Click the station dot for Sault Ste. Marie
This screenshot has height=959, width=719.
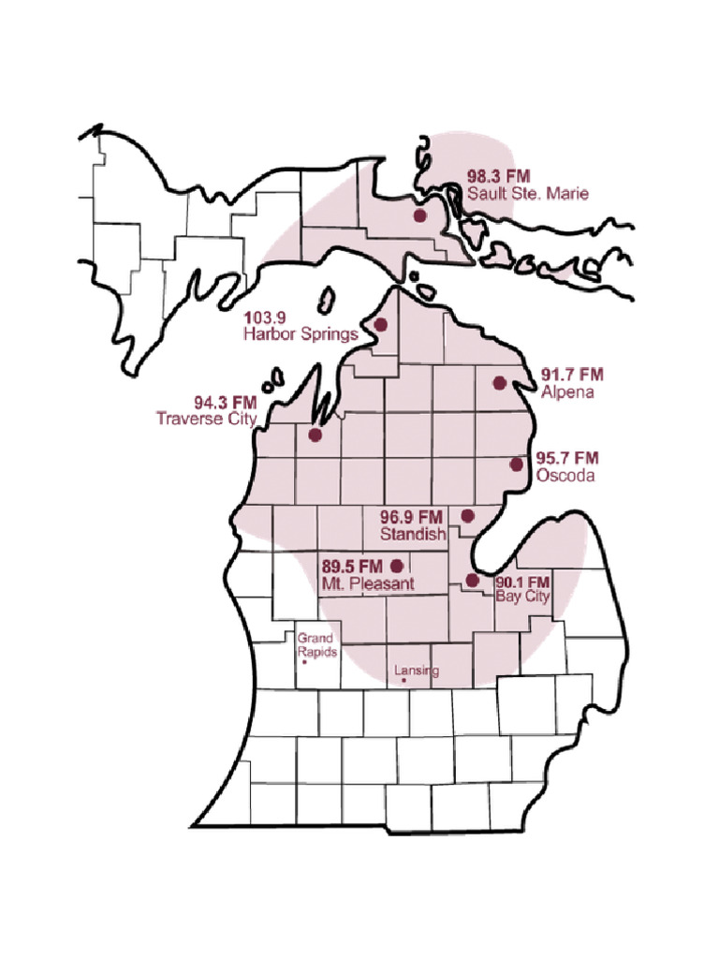coord(419,215)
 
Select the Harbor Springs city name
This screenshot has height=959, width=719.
coord(300,333)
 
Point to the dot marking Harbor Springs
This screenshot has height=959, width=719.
coord(381,325)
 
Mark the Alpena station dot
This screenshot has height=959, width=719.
coord(499,382)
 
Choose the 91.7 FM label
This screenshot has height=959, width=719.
coord(573,375)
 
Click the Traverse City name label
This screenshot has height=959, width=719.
coord(206,419)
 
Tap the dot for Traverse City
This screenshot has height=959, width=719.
coord(315,435)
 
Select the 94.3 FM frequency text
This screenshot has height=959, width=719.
coord(225,403)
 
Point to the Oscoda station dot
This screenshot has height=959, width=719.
coord(516,465)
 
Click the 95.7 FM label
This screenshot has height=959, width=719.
coord(567,458)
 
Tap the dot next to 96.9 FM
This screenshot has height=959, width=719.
coord(469,515)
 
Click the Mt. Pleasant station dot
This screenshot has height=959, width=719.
coord(396,565)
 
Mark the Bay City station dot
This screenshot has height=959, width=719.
coord(471,581)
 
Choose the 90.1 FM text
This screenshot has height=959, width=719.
coord(521,582)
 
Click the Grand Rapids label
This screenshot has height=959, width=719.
coord(317,645)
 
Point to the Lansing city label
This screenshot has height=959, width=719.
coord(416,671)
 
